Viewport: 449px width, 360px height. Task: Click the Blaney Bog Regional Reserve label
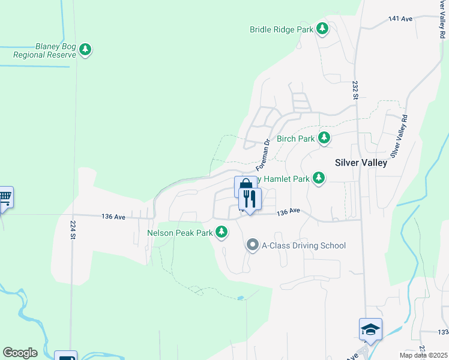47,50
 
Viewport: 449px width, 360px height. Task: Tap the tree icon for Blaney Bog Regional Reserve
85,49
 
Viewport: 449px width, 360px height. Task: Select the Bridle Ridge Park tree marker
322,28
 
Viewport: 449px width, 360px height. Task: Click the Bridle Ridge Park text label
282,29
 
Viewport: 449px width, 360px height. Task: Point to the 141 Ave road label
400,19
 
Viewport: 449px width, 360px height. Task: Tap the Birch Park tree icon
324,138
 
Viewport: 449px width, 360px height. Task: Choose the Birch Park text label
296,139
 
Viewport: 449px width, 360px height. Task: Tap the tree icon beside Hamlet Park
319,178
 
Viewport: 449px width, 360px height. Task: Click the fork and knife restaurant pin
249,199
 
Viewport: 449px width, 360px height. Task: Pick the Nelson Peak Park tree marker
222,232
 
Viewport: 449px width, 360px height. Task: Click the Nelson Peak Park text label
180,232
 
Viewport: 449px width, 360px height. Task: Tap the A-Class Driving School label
304,245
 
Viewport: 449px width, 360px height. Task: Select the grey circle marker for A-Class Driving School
253,245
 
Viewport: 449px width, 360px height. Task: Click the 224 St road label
73,229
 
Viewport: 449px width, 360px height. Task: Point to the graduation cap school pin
370,329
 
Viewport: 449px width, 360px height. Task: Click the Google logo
20,353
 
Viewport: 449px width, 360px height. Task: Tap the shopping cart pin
4,197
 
